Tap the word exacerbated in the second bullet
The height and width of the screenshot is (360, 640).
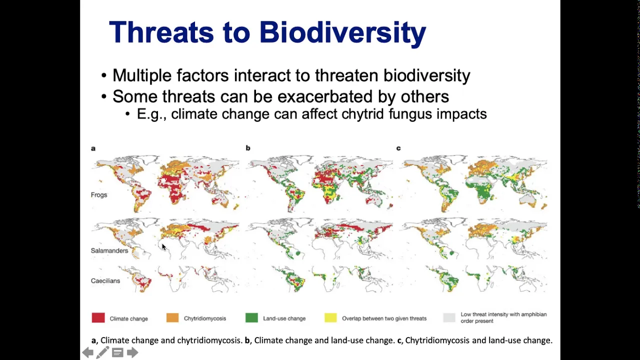tap(325, 96)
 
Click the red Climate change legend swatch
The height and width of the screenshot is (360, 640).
tap(98, 317)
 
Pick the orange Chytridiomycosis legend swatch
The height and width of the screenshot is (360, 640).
tap(172, 317)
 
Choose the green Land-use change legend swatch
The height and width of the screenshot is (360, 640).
tap(251, 317)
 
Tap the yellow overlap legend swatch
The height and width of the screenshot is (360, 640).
tap(330, 317)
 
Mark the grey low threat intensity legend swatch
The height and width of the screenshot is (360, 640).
tap(449, 317)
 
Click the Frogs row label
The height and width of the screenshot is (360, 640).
tap(99, 195)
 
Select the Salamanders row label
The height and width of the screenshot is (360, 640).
tap(109, 250)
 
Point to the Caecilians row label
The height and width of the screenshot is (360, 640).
tap(105, 281)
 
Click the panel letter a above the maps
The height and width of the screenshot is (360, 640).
tap(93, 148)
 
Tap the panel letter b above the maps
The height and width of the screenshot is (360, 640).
tap(247, 148)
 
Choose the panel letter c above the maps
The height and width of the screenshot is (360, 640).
tap(398, 148)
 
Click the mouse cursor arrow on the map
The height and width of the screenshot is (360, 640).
tap(163, 247)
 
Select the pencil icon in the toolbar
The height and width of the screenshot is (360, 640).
tap(102, 352)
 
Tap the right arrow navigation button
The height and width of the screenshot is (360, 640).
tap(132, 352)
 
